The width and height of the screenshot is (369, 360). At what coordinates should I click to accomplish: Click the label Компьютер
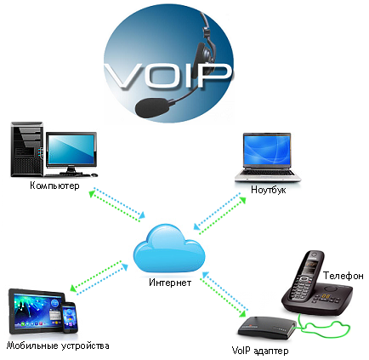(54, 186)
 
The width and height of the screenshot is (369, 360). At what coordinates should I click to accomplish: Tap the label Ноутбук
(269, 190)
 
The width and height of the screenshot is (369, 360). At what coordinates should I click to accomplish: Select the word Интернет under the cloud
(170, 283)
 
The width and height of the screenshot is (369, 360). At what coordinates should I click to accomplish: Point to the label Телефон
(343, 276)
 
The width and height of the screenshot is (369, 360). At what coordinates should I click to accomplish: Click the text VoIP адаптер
(260, 351)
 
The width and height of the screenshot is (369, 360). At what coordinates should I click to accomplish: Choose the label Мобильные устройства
(58, 346)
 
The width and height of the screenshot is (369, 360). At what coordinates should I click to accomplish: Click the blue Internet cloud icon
(169, 249)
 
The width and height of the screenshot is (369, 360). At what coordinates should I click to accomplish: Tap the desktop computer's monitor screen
(71, 150)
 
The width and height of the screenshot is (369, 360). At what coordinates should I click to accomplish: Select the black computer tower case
(27, 150)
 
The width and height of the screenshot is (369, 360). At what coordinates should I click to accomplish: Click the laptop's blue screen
(267, 151)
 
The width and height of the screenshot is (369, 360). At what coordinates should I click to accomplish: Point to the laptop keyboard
(268, 173)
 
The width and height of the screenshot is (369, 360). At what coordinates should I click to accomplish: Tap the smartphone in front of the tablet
(70, 317)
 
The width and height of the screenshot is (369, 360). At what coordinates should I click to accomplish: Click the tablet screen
(37, 311)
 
